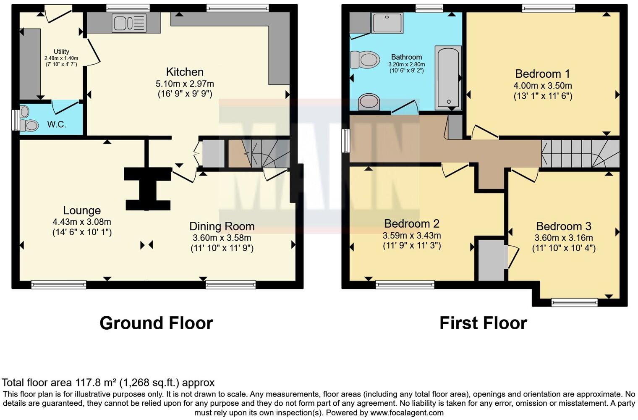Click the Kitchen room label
[x=185, y=72]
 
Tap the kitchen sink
[x=129, y=22]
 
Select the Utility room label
[x=61, y=52]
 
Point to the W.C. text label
[x=57, y=125]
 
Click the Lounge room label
[x=82, y=210]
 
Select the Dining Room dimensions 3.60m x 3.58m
[x=222, y=238]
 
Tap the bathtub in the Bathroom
[x=448, y=78]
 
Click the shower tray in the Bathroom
[x=387, y=22]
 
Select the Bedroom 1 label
[x=542, y=74]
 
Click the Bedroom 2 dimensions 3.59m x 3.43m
[x=411, y=236]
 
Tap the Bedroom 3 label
[x=563, y=226]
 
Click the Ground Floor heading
[x=156, y=323]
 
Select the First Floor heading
[x=483, y=323]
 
